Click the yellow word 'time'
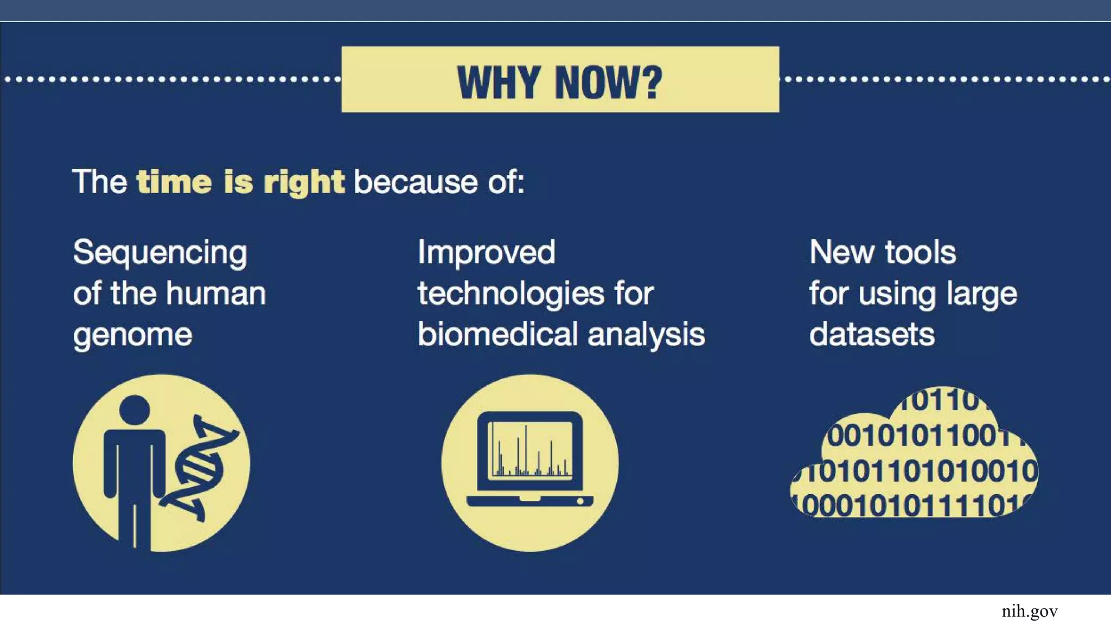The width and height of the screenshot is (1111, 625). [174, 182]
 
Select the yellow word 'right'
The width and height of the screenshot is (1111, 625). [304, 183]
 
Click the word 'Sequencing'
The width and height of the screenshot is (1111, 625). [160, 253]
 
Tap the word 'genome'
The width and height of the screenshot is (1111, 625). [133, 335]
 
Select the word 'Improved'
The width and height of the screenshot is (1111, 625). [487, 253]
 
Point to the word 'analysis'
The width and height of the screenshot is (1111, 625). [646, 335]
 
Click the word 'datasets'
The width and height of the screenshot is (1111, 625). [872, 334]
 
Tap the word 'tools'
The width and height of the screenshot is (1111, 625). [920, 253]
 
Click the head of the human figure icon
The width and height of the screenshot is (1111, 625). [134, 411]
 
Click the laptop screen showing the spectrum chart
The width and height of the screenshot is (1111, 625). [530, 450]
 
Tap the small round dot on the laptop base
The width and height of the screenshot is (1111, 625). [580, 501]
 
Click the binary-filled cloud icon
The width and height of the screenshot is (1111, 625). [915, 456]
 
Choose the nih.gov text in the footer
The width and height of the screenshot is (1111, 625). [1029, 611]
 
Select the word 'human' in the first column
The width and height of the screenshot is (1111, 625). [216, 294]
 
